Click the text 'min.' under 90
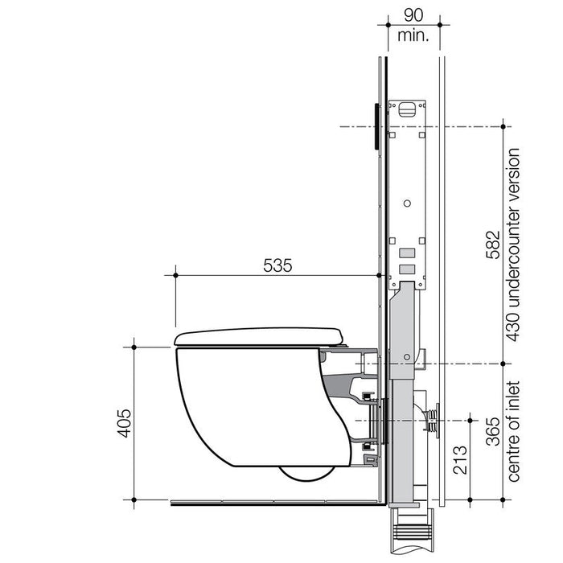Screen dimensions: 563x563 tap(412, 35)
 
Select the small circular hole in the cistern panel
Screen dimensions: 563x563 tap(409, 200)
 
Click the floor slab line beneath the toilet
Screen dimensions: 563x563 tap(273, 503)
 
